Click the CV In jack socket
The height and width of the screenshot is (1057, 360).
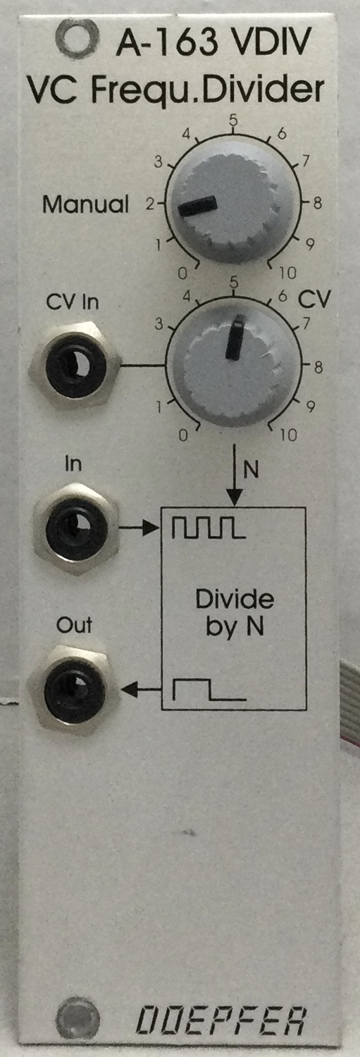pos(75,364)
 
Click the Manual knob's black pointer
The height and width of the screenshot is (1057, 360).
pos(197,206)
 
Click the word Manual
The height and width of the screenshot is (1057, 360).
pos(85,204)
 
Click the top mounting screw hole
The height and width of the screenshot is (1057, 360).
pos(77,37)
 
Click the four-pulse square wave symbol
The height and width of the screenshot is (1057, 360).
pos(209,528)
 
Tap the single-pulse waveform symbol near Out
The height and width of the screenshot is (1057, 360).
pos(209,690)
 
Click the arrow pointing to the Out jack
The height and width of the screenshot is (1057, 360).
pos(142,691)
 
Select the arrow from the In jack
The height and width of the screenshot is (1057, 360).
pos(140,528)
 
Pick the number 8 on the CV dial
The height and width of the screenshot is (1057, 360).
pos(318,366)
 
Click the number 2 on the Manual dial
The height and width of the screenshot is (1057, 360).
pos(150,204)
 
